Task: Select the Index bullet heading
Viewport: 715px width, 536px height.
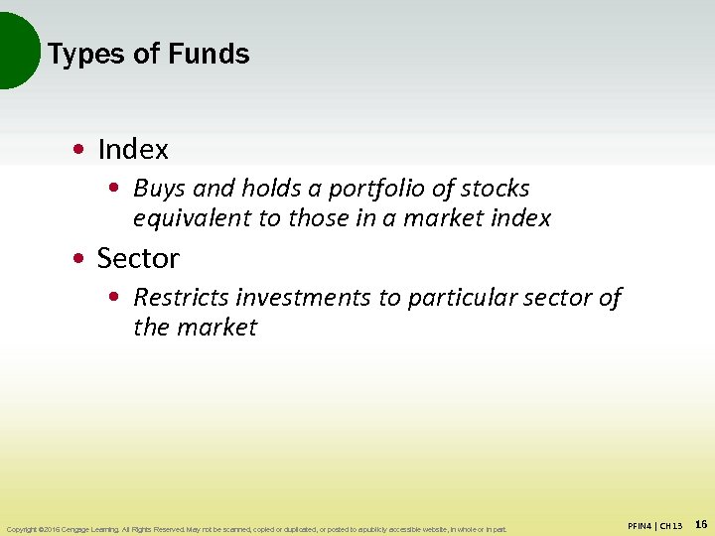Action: point(133,150)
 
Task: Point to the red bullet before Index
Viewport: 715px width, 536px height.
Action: point(77,151)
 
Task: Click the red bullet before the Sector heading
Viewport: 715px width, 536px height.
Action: point(77,260)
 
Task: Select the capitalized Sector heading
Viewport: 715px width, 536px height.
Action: point(138,259)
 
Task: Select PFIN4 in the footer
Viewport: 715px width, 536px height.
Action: point(643,525)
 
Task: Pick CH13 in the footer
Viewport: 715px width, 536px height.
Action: point(672,525)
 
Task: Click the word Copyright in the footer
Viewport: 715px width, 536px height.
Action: point(23,529)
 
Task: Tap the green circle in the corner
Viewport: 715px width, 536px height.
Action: point(15,50)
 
